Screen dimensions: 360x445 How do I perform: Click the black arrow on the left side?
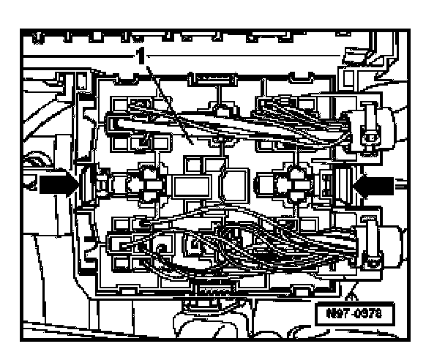pyautogui.click(x=58, y=186)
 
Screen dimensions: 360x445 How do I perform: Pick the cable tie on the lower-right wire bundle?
pyautogui.click(x=373, y=245)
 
